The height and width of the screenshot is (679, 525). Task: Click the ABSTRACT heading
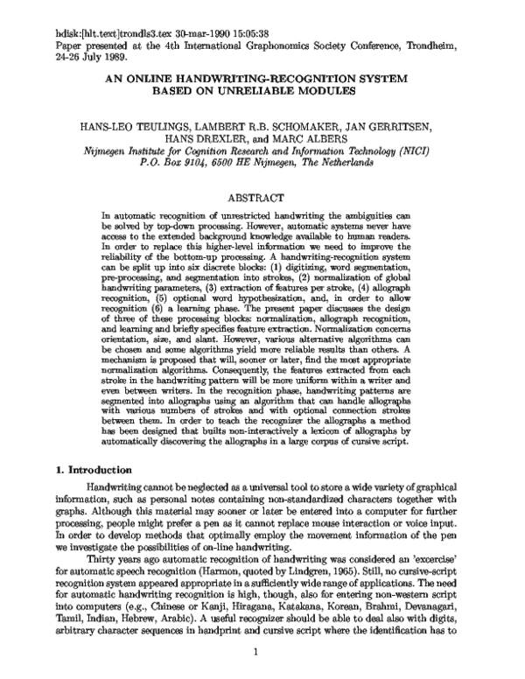(262, 199)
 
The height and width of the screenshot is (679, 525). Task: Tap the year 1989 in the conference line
(110, 54)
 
